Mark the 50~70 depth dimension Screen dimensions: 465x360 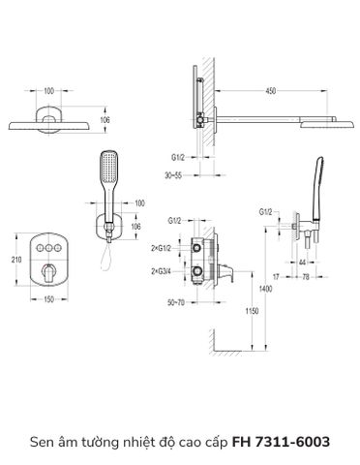pos(176,303)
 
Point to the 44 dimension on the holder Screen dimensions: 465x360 pos(304,262)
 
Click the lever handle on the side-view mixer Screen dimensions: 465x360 pos(226,263)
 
